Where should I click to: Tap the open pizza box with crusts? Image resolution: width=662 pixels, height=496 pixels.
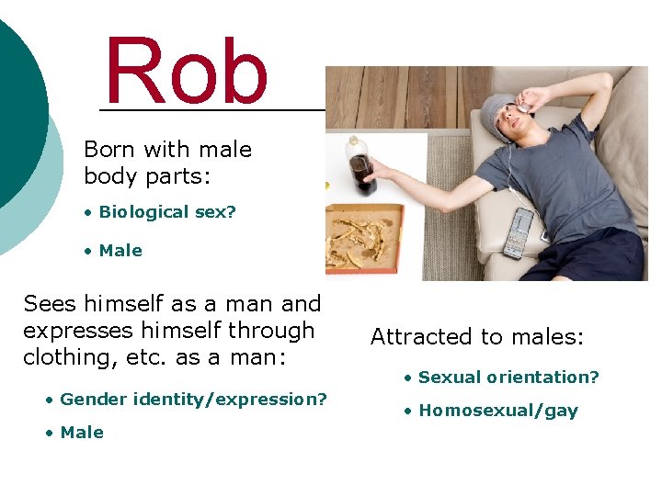click(x=364, y=237)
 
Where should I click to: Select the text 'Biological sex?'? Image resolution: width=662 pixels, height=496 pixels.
click(x=167, y=212)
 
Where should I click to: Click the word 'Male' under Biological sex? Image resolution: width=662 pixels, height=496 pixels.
click(x=120, y=251)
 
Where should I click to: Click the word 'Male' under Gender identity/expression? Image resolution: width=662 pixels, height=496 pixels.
click(x=82, y=433)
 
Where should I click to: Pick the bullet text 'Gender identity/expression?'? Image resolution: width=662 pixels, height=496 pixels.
click(x=193, y=400)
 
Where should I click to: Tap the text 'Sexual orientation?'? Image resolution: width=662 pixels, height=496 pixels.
click(x=508, y=378)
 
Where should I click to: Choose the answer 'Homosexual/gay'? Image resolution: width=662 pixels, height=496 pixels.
click(x=498, y=411)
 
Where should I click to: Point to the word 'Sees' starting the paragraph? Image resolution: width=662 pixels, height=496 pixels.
click(x=51, y=304)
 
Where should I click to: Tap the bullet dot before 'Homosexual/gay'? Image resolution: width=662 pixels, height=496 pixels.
click(x=408, y=411)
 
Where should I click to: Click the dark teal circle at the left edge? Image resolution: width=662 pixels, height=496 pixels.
click(x=14, y=110)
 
